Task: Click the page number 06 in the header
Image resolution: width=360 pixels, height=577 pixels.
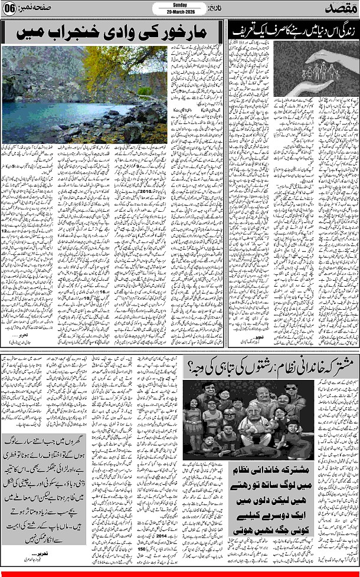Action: tap(10, 10)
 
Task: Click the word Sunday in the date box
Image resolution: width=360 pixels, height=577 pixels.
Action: tap(179, 5)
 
